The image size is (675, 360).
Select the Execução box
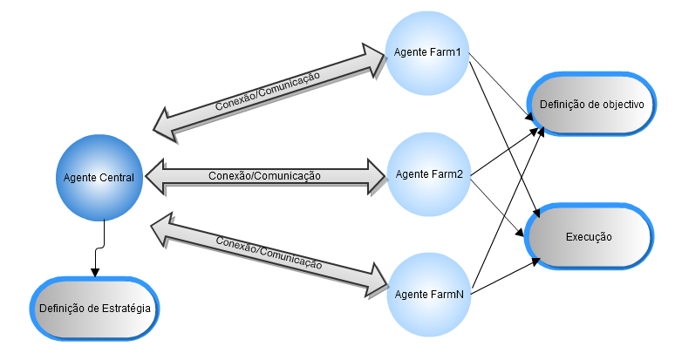pos(589,236)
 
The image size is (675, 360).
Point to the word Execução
pos(589,237)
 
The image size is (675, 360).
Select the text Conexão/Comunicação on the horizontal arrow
pos(265,176)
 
